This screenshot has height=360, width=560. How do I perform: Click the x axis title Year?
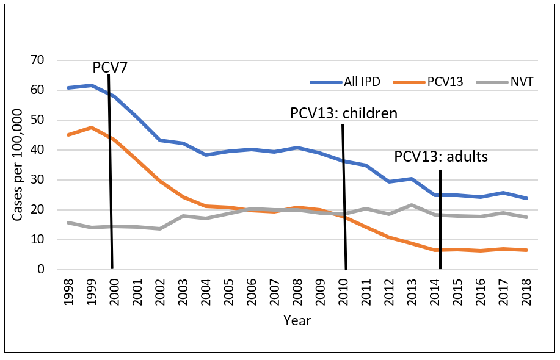[297, 320]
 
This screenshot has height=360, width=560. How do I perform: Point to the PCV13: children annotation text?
[343, 113]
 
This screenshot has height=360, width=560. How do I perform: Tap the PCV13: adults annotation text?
[441, 156]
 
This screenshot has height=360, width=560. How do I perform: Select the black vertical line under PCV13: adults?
[440, 220]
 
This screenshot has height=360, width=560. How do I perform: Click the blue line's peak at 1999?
[91, 85]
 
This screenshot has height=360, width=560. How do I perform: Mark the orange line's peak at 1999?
[91, 128]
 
